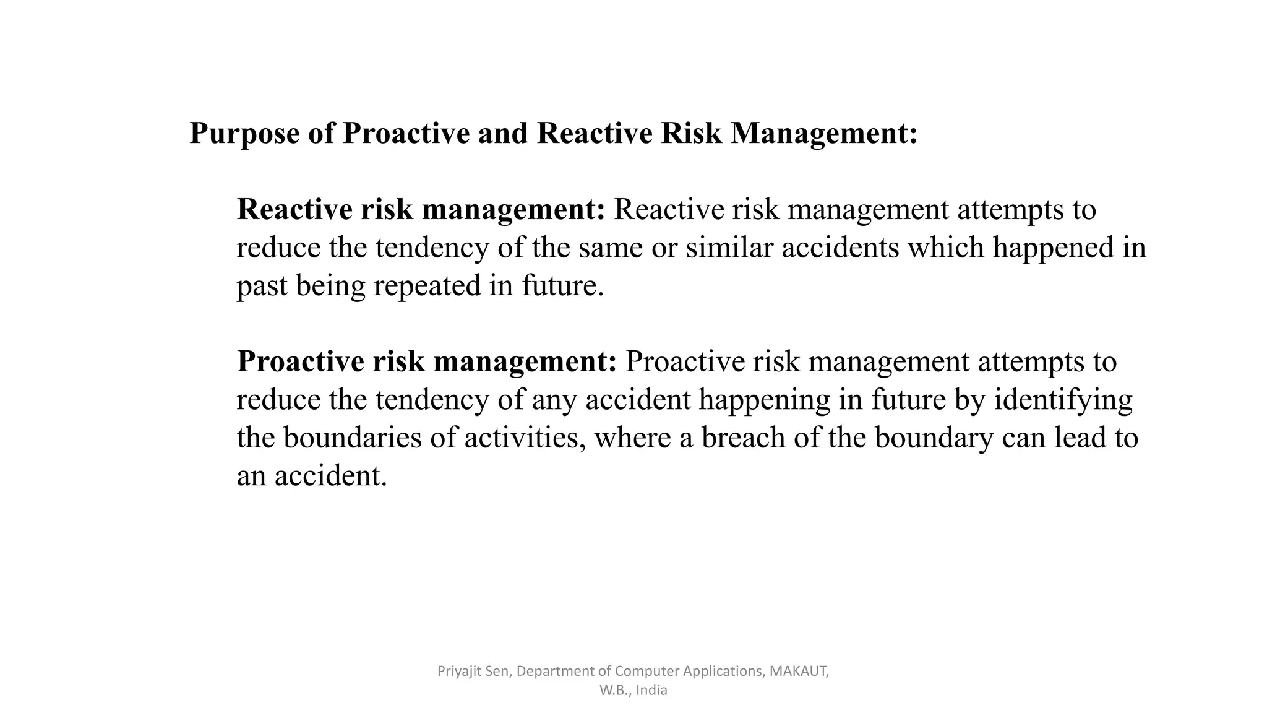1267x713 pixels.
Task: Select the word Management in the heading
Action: coord(823,134)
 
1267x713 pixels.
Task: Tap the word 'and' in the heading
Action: coord(502,133)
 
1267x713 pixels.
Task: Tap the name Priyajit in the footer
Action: coord(458,671)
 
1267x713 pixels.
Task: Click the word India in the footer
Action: coord(651,690)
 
